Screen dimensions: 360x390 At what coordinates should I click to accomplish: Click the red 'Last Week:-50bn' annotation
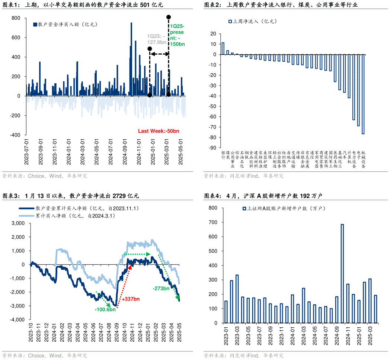(x=159, y=131)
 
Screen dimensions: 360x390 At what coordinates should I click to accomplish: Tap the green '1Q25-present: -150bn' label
(x=177, y=35)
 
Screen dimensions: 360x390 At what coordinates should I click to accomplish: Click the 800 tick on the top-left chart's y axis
(x=16, y=18)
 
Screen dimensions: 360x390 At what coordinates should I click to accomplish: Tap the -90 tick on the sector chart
(x=214, y=148)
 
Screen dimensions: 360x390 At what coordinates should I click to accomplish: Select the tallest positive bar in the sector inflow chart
(x=223, y=48)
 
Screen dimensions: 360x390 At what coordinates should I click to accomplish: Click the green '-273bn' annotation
(x=161, y=288)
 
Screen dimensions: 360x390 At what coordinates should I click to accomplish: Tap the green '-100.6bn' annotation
(x=105, y=309)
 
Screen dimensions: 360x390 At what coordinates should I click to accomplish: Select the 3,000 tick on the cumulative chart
(x=18, y=223)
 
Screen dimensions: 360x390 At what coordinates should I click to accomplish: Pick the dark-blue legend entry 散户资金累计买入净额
(x=81, y=209)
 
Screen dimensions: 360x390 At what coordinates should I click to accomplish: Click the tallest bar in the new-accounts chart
(x=342, y=273)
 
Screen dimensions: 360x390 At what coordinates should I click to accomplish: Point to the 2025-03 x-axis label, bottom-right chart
(x=371, y=335)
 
